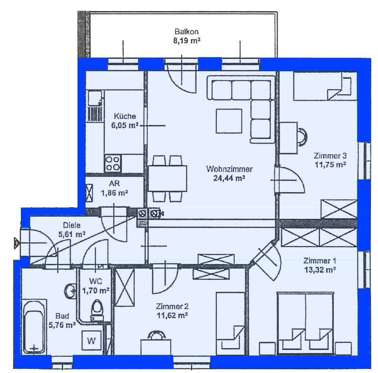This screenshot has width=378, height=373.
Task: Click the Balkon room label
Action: [187, 32]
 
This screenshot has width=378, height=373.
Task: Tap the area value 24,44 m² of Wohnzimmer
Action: [229, 178]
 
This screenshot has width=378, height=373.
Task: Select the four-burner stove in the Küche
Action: [113, 164]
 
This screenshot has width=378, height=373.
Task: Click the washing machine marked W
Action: [91, 340]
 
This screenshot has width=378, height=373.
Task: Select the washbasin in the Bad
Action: [70, 291]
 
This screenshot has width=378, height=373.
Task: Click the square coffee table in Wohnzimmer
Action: [229, 121]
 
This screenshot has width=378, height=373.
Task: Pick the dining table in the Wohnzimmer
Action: [167, 178]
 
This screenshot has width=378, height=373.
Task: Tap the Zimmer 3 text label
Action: [330, 156]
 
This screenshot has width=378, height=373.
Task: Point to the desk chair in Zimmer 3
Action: [302, 137]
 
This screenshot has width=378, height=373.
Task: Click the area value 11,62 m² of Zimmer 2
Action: [172, 315]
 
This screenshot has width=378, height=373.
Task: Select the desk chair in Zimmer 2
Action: [157, 335]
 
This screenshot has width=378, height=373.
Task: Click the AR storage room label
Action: [114, 184]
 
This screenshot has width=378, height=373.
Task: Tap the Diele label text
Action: [72, 225]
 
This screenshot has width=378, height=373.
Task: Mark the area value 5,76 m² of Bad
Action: [62, 325]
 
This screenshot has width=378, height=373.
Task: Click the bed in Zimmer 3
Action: [325, 86]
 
